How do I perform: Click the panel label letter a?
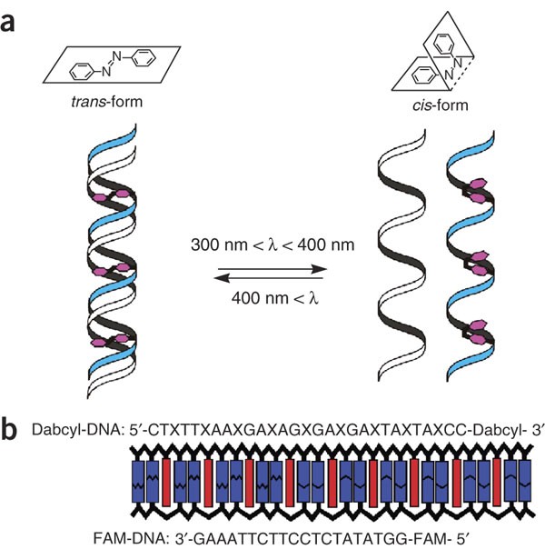pos(7,23)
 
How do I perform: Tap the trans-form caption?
pos(106,102)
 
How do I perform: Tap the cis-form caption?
pos(440,105)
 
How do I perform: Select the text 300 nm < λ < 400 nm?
pos(272,245)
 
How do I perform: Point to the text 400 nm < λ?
pos(275,298)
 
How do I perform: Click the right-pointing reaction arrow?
pos(272,269)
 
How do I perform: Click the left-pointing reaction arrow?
pos(268,278)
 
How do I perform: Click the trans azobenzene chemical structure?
pos(113,64)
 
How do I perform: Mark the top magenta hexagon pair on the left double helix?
pos(111,195)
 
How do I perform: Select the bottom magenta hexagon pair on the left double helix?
pos(110,340)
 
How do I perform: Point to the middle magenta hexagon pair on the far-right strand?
pos(478,264)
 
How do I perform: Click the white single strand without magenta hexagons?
pos(402,255)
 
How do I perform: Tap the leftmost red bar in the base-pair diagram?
pos(166,482)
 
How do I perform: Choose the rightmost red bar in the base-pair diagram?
pos(497,482)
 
